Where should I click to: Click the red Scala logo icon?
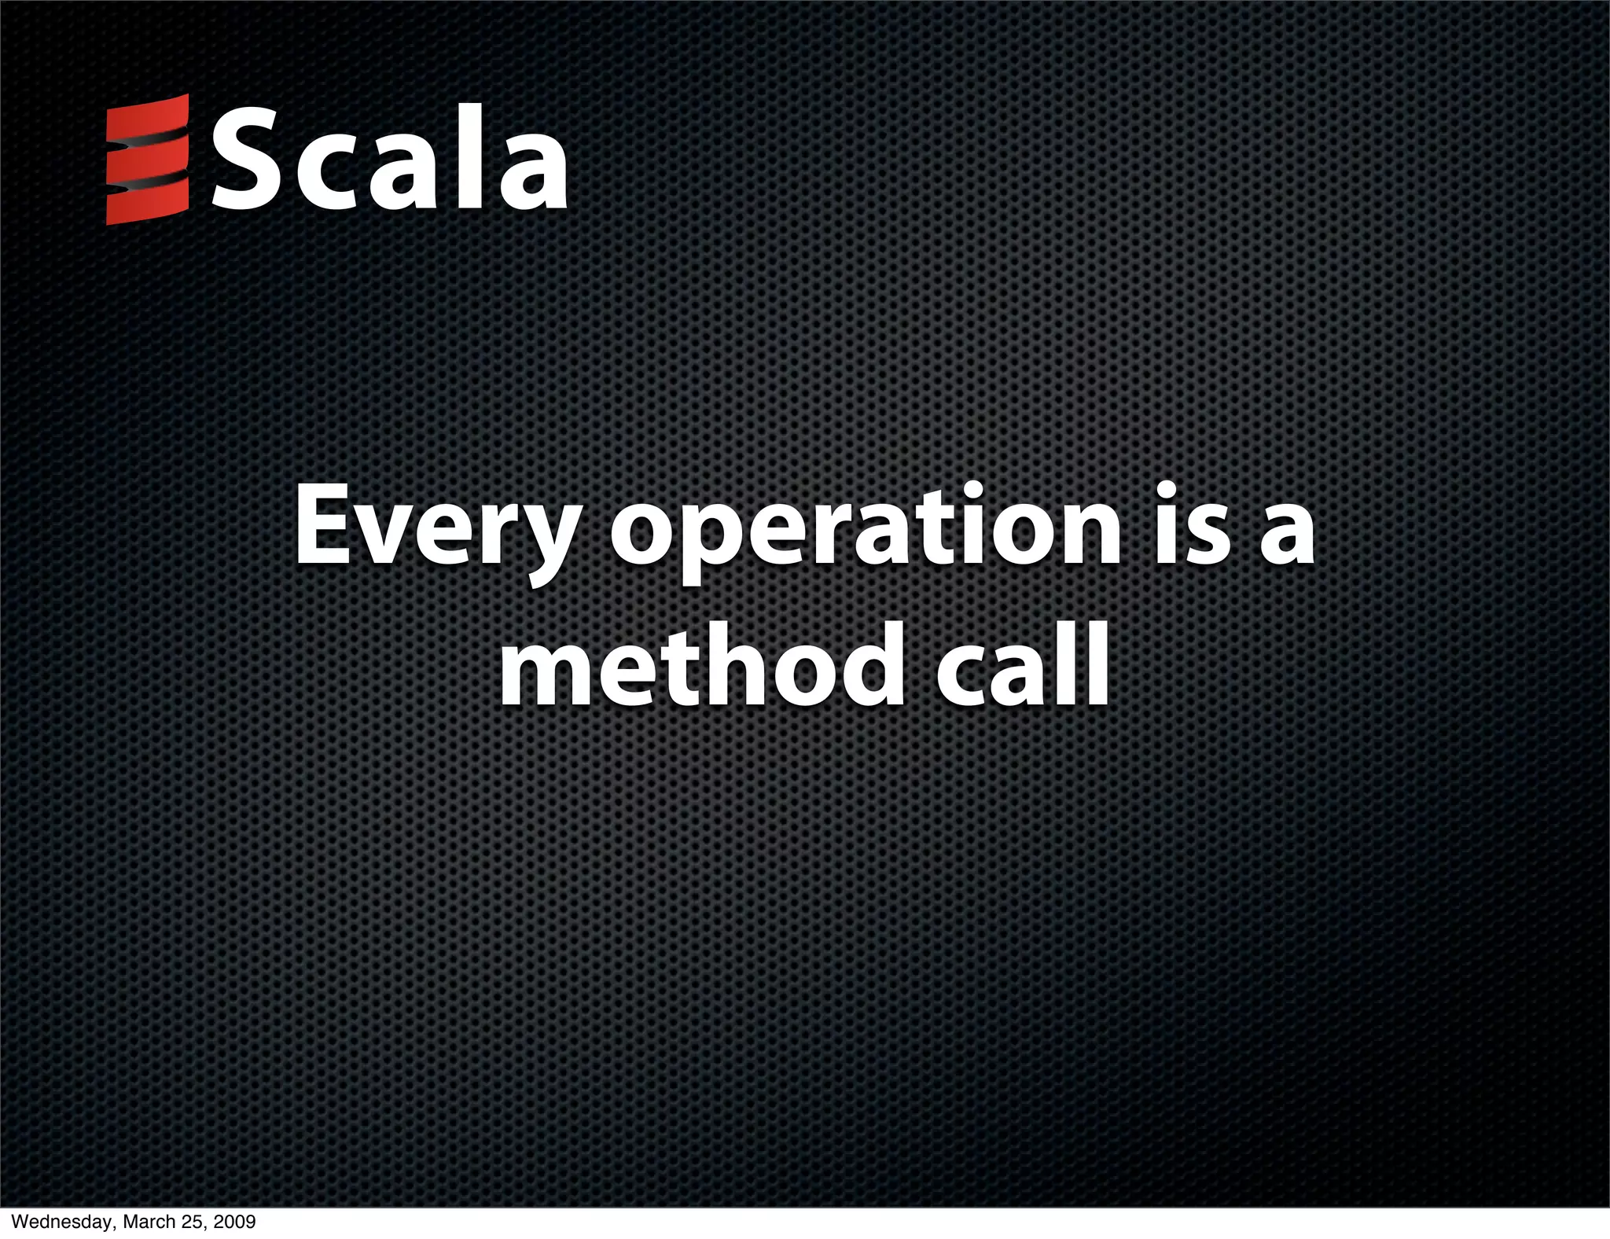click(x=147, y=159)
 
